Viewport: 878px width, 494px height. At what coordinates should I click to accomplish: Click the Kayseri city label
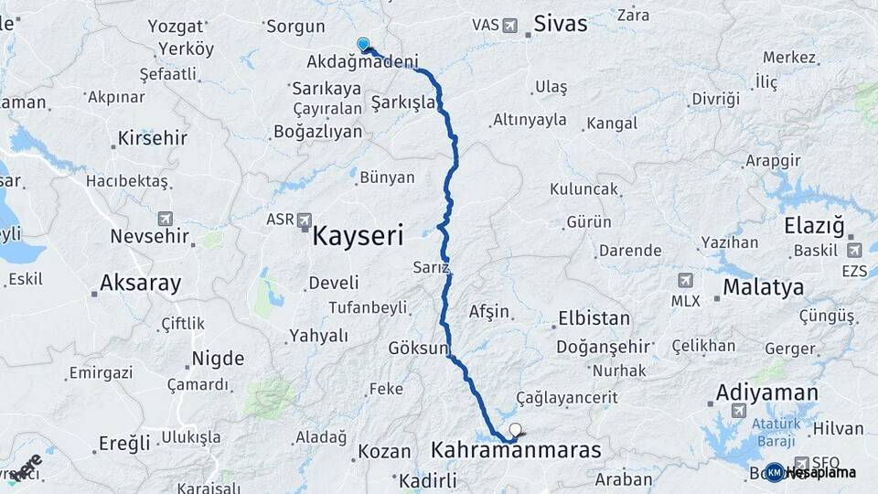(x=358, y=236)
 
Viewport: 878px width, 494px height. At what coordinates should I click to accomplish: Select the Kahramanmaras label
(x=515, y=450)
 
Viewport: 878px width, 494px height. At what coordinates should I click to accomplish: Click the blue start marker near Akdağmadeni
(x=363, y=44)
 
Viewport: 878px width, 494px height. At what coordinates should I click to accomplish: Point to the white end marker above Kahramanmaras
(x=516, y=428)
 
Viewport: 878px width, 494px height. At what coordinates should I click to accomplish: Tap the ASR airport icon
(x=304, y=220)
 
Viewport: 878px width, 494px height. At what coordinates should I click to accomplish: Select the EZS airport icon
(x=854, y=250)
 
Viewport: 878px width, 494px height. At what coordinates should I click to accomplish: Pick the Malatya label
(x=763, y=287)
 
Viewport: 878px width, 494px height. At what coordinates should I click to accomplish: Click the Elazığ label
(x=816, y=226)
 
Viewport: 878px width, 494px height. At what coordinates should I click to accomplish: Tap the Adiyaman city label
(x=766, y=393)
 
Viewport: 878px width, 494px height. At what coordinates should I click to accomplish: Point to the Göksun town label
(x=418, y=349)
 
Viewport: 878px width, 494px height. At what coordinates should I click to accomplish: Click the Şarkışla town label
(x=403, y=102)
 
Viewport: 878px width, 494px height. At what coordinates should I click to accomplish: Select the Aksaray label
(x=141, y=283)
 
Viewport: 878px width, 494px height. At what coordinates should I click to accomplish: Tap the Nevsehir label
(x=149, y=236)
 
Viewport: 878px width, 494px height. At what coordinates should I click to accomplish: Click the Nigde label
(x=218, y=358)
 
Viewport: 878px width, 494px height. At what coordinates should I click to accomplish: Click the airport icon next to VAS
(x=509, y=25)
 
